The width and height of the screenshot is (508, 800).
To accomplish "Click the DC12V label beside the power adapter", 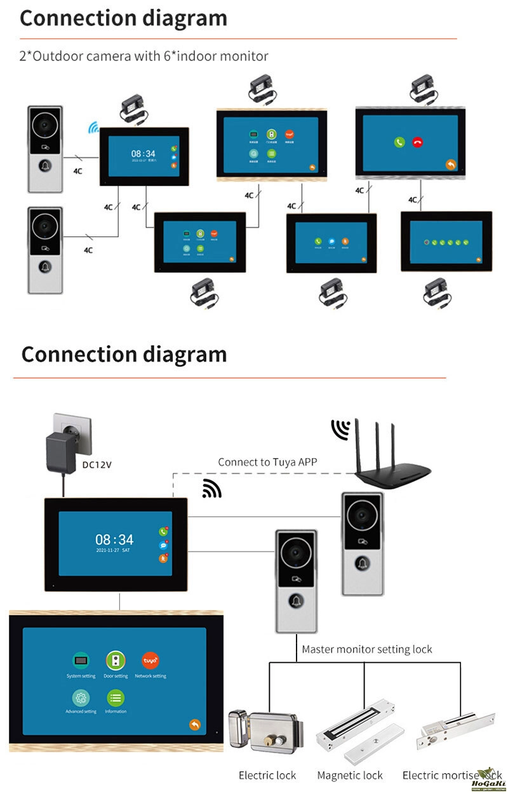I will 97,464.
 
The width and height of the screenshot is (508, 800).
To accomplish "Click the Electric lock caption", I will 267,775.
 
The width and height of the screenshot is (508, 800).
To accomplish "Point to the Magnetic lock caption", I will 350,775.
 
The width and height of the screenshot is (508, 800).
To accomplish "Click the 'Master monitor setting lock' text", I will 366,649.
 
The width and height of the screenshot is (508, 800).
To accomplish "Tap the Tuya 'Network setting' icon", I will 150,660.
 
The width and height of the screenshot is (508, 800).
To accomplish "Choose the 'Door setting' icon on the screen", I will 116,660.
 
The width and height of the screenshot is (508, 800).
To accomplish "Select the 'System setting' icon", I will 81,660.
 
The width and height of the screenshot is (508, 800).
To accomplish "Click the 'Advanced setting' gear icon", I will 81,698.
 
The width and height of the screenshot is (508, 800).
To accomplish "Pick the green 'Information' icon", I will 116,698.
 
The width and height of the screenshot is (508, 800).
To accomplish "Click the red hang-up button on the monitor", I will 417,142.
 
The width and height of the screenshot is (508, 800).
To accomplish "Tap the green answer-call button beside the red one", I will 399,142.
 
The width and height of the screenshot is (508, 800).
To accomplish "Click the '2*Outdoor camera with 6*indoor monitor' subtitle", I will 144,56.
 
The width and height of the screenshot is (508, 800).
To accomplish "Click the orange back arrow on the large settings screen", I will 194,725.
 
